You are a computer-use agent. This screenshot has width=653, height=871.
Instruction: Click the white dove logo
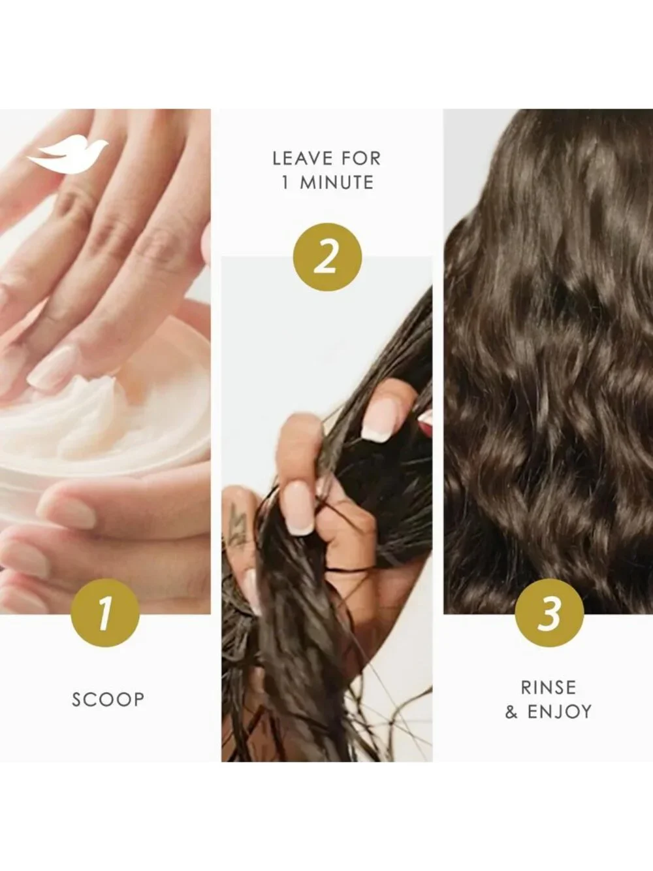point(67,156)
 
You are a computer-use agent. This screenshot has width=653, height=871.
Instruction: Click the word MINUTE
point(336,183)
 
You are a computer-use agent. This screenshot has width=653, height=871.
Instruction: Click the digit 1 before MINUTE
point(285,183)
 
